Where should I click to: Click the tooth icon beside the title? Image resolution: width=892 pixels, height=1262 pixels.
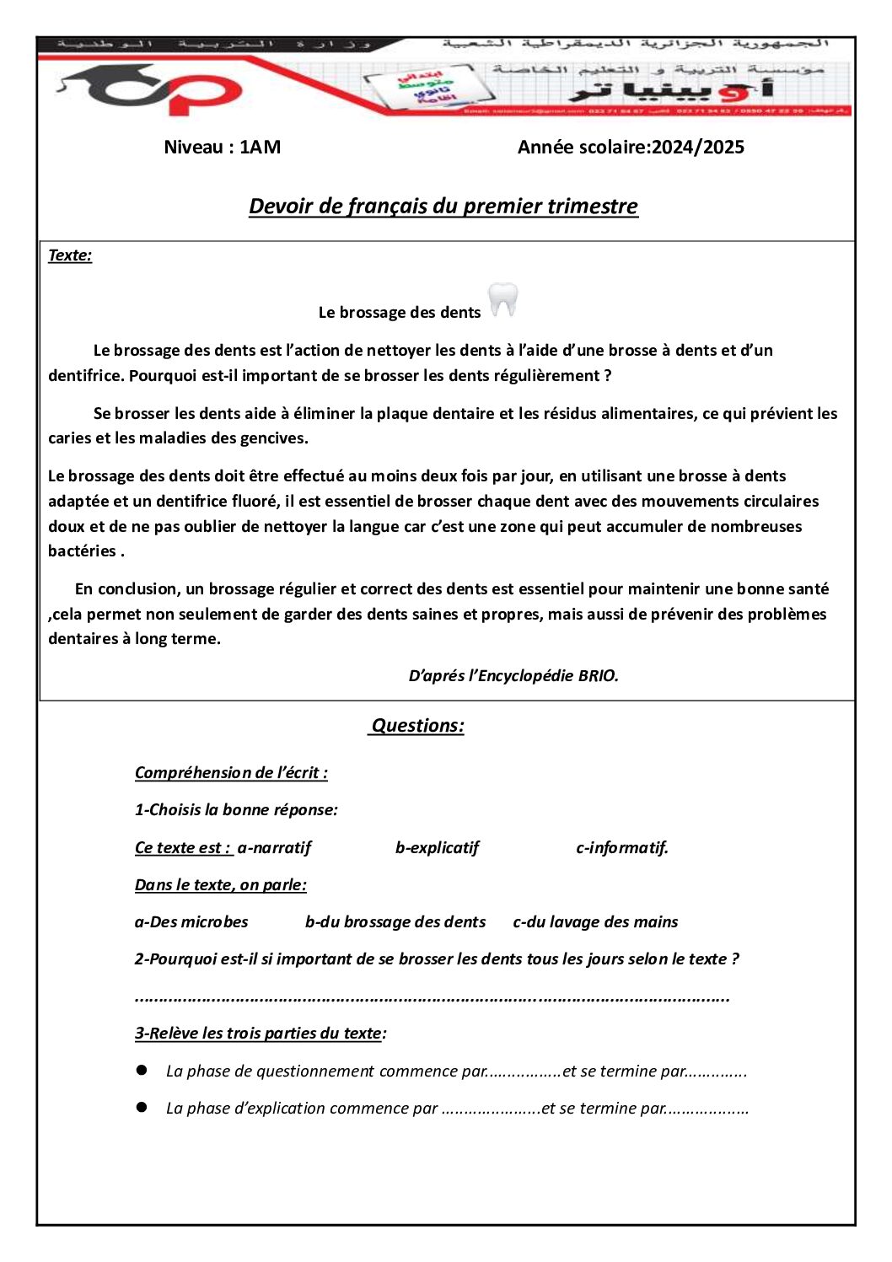tap(503, 301)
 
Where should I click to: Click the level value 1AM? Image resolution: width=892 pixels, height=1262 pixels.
tap(260, 148)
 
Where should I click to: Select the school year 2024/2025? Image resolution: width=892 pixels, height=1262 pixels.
tap(698, 148)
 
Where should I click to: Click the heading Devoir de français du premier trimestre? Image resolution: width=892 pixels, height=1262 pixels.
tap(443, 207)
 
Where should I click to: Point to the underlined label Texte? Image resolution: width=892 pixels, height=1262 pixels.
tap(70, 255)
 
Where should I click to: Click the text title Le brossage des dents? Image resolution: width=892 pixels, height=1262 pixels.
tap(400, 313)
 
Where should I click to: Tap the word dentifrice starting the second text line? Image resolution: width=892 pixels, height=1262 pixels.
tap(85, 376)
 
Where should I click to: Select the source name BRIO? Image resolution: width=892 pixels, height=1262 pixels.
tap(598, 676)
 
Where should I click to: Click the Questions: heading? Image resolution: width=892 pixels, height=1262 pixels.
tap(417, 726)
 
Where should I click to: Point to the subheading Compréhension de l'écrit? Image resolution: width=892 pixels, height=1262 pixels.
tap(231, 773)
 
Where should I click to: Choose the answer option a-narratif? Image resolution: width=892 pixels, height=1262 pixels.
tap(274, 848)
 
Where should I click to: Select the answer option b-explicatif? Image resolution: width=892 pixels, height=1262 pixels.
tap(437, 848)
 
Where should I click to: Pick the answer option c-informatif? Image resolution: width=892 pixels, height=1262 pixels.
tap(622, 848)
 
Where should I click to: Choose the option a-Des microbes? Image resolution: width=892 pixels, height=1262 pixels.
tap(191, 922)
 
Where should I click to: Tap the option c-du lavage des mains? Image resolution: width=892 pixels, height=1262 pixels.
tap(595, 922)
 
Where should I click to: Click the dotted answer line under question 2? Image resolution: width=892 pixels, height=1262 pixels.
tap(432, 998)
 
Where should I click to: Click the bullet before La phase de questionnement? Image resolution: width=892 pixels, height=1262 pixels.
tap(142, 1071)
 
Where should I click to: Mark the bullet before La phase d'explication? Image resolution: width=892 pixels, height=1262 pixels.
tap(142, 1108)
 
